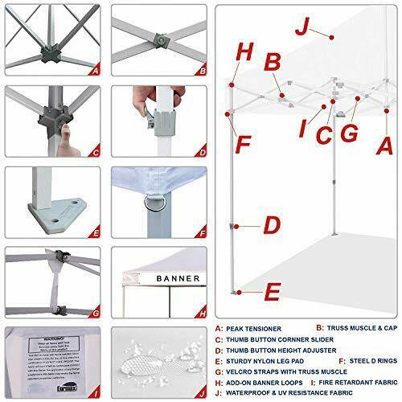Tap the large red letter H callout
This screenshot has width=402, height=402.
tap(246, 52)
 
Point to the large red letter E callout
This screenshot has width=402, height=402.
tap(272, 290)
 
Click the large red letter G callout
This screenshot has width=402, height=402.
tap(349, 133)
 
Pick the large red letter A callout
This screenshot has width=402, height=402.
tap(387, 147)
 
